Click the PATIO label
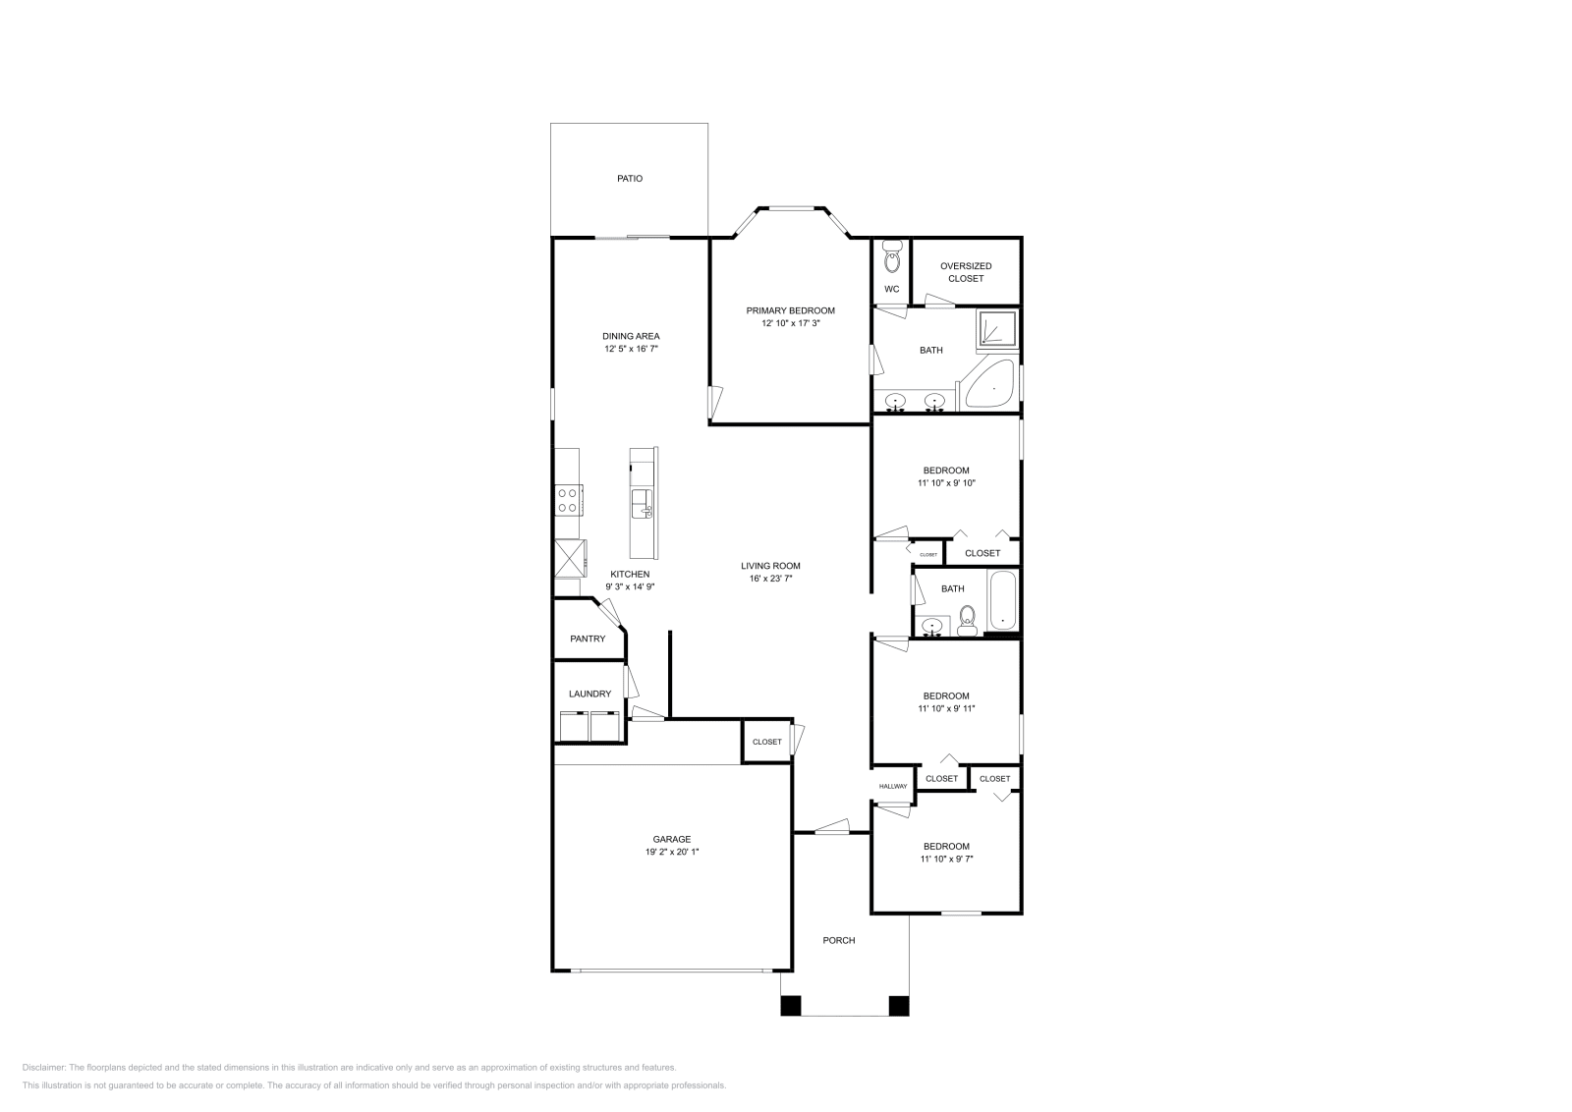pos(630,179)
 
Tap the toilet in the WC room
pos(892,258)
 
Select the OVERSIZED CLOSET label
pos(965,272)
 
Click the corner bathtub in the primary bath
pos(990,385)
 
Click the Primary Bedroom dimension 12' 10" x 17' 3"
pos(790,323)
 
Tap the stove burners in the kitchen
pos(568,500)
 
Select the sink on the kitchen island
pos(641,504)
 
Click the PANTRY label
pos(588,639)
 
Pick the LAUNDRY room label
pos(589,694)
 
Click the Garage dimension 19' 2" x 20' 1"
pos(672,852)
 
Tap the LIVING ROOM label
pos(770,566)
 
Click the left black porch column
pos(791,1006)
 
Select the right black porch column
pos(898,1006)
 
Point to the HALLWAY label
pos(893,786)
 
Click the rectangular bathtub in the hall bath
pos(1002,600)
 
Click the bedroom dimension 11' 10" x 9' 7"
pos(947,859)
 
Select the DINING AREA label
pos(631,336)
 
